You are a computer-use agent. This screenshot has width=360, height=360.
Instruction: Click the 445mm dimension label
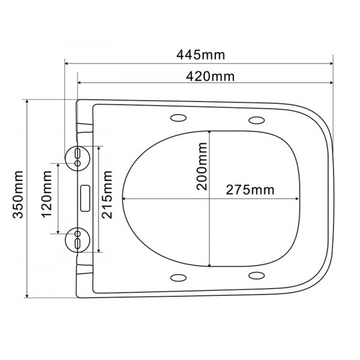[200, 55]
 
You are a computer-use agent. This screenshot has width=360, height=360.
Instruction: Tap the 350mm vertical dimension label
[18, 198]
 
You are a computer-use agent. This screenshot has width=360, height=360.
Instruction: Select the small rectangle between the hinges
[85, 197]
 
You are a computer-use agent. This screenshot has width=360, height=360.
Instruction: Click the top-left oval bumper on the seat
[178, 116]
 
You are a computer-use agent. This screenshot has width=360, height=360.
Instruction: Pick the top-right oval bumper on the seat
[257, 118]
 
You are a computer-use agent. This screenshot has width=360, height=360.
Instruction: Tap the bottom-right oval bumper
[257, 275]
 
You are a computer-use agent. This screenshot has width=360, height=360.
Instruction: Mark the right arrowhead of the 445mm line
[331, 62]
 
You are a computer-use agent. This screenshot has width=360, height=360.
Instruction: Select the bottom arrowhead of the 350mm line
[28, 296]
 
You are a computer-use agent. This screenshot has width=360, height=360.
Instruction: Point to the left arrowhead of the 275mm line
[124, 199]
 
